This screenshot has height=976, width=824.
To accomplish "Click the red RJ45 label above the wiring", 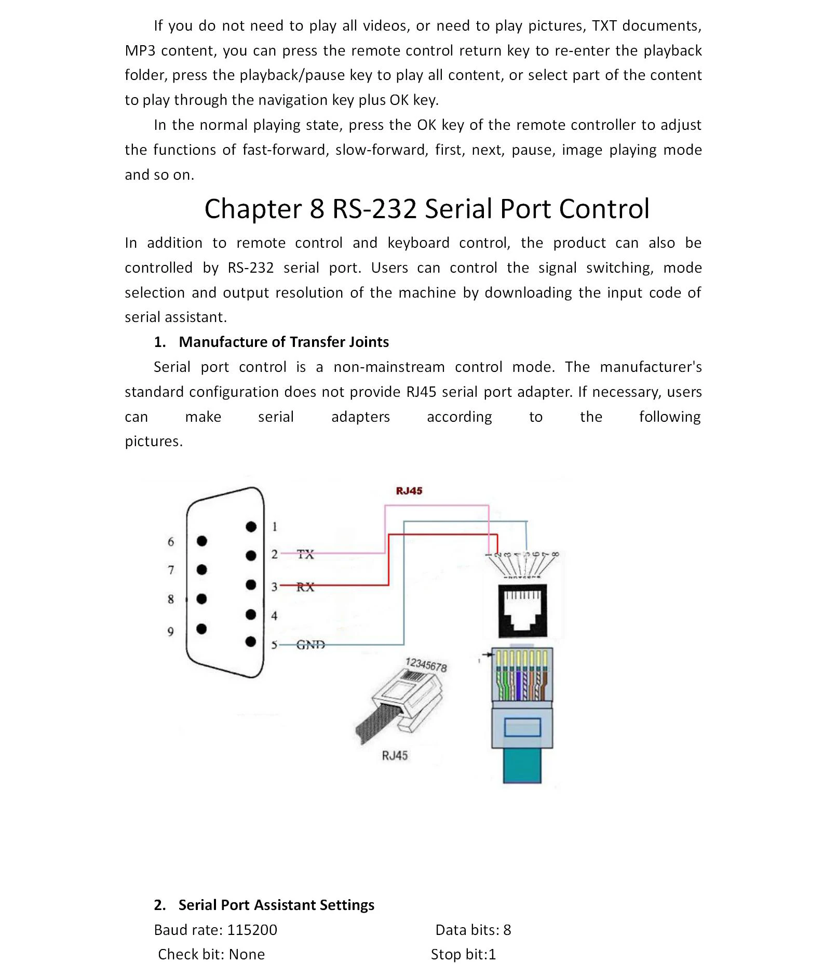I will point(409,491).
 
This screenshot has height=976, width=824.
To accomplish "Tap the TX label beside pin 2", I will point(305,554).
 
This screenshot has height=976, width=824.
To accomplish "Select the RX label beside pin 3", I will point(305,587).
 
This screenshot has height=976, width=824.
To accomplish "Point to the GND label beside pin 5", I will point(310,645).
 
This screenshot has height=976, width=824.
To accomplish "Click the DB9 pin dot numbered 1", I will point(251,527).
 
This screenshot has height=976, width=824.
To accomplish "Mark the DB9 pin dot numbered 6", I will point(202,541).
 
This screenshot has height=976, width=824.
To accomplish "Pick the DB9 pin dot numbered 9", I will point(202,629).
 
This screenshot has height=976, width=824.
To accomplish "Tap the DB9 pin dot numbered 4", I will point(251,615).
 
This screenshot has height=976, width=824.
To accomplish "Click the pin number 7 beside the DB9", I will point(171,570).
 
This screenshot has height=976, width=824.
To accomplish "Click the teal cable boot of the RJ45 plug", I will point(522,764).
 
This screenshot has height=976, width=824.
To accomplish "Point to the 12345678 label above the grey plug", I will point(426,665).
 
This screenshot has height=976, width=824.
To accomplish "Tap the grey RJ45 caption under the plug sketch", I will point(395,756).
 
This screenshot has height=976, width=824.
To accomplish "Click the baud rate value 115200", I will point(252,930).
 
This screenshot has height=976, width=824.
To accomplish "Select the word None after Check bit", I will point(247,954).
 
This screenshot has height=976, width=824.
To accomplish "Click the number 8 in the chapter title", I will point(317,209).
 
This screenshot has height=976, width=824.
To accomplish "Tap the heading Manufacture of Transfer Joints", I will point(283,342).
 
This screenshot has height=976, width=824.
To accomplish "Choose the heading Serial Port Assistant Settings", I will point(276,905).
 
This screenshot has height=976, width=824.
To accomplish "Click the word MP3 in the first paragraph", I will point(140,50).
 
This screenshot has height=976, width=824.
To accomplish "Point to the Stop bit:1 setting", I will point(463,954).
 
